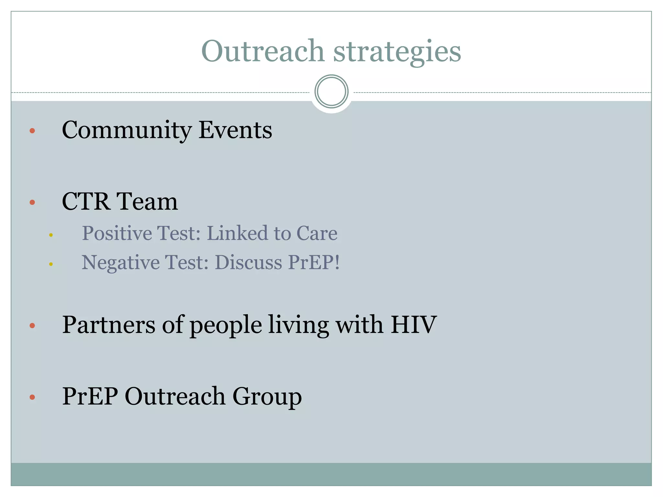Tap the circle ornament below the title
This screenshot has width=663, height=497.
[x=331, y=92]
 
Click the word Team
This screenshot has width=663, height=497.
[x=147, y=202]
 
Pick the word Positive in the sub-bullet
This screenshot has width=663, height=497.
[x=117, y=233]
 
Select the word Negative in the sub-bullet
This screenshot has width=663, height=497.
[x=120, y=262]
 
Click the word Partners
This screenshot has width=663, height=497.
[x=109, y=325]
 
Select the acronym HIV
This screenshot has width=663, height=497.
[x=413, y=325]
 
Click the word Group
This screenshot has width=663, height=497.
[x=267, y=396]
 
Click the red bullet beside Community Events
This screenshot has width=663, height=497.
[x=32, y=131]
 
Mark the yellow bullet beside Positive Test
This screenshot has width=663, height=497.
[x=51, y=235]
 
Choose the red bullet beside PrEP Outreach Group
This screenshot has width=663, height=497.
[x=32, y=397]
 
